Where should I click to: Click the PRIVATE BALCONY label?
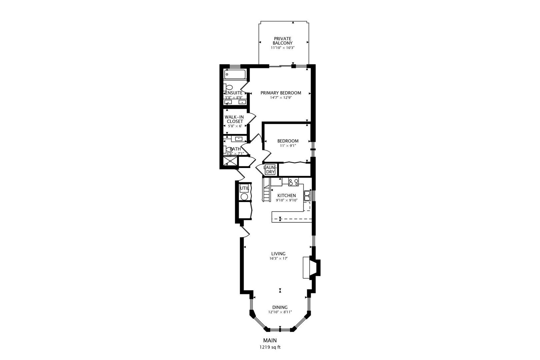coord(282,41)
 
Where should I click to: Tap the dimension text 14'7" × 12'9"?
coord(281,98)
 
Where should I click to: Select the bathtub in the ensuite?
coord(235,74)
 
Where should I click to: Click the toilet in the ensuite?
coord(228,87)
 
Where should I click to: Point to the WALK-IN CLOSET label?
coord(234,119)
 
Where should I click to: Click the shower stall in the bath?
coord(230,162)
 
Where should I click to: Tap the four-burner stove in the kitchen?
coord(293,182)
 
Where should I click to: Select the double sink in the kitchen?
coord(307,195)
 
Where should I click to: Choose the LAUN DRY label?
coord(269,170)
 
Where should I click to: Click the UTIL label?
coord(244,188)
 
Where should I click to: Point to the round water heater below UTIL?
coord(244,197)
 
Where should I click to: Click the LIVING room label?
coord(278,254)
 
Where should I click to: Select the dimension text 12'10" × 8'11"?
coord(280,312)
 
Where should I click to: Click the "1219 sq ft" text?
coord(270,347)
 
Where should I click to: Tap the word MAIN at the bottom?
coord(270,340)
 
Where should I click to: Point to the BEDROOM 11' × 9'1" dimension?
coord(288,146)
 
